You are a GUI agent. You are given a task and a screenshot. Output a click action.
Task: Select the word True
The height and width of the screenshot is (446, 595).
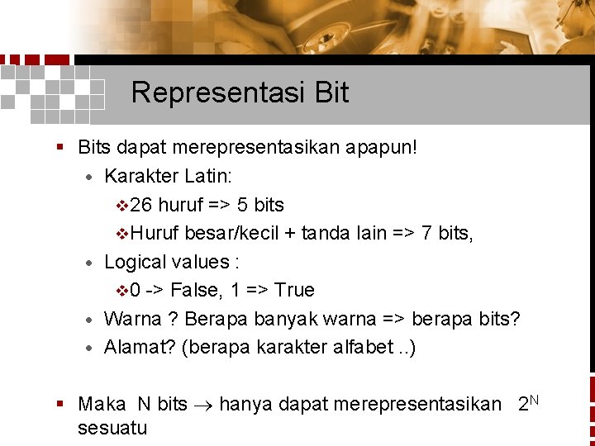(x=294, y=290)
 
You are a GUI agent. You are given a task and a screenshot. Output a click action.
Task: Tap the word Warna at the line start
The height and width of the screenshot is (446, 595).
(x=133, y=319)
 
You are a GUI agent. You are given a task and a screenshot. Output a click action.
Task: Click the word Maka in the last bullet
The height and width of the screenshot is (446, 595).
(x=102, y=405)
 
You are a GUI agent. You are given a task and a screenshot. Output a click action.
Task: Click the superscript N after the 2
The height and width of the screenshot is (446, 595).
(x=535, y=399)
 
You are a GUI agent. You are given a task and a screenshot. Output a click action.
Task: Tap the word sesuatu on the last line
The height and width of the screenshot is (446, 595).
(x=112, y=428)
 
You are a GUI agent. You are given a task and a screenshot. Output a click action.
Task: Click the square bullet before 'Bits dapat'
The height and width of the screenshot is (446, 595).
(x=60, y=149)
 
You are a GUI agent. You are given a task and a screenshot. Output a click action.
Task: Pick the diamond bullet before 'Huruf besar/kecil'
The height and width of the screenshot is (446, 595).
(x=123, y=234)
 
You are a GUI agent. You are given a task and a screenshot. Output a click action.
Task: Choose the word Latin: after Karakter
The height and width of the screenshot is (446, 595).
(x=208, y=177)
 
